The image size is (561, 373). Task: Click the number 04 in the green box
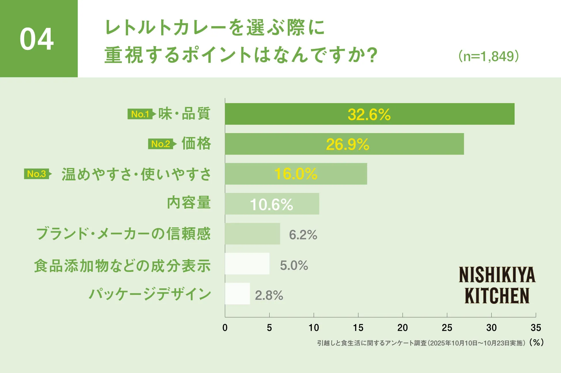tap(37, 39)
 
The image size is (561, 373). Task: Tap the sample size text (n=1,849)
tap(489, 56)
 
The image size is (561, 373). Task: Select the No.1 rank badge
tap(140, 114)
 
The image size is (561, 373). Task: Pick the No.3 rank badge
tap(37, 174)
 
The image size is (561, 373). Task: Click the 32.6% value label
tap(369, 115)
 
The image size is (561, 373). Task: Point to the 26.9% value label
tap(348, 144)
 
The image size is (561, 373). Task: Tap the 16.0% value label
tap(296, 174)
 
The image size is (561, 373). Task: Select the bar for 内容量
tap(272, 204)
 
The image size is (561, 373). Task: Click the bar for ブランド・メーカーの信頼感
tap(252, 234)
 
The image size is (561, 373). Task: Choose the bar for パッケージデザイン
tap(237, 294)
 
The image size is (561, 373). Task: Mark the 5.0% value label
tap(294, 265)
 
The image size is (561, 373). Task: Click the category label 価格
tap(196, 143)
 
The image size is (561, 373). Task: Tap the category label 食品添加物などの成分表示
tap(122, 266)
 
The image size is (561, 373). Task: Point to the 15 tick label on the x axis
tap(358, 328)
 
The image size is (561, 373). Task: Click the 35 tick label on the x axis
tap(536, 328)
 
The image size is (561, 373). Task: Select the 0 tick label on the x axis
tap(225, 328)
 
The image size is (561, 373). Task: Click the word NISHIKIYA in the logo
tap(497, 275)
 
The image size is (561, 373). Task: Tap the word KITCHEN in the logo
tap(497, 296)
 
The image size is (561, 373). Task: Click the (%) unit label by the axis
tap(536, 342)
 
